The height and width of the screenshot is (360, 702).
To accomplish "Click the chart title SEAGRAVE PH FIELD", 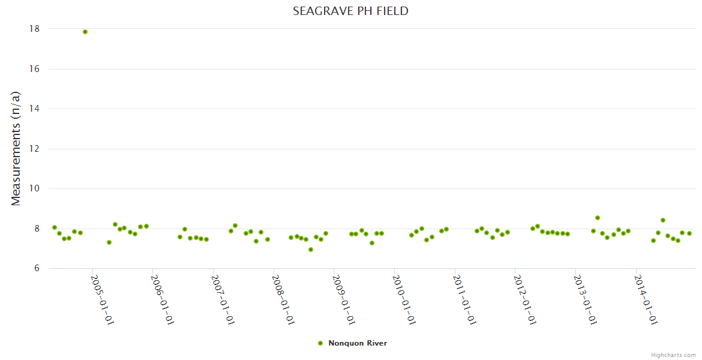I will click(x=350, y=11).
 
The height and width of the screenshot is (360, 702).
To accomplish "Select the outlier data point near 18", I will click(x=85, y=32).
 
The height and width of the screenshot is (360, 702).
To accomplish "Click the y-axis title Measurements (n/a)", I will click(x=16, y=148).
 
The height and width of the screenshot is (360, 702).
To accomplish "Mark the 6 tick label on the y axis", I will click(x=37, y=268).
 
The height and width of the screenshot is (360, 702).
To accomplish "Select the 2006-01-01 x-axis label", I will click(x=162, y=299).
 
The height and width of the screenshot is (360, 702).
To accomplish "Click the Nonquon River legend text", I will click(x=358, y=343).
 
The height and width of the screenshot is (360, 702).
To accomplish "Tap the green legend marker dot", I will click(x=320, y=343).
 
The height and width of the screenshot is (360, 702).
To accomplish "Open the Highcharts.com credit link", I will click(x=673, y=355).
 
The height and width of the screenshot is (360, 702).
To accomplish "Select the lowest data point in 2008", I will click(x=311, y=250).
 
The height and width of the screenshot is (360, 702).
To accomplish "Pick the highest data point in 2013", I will click(x=598, y=218).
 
